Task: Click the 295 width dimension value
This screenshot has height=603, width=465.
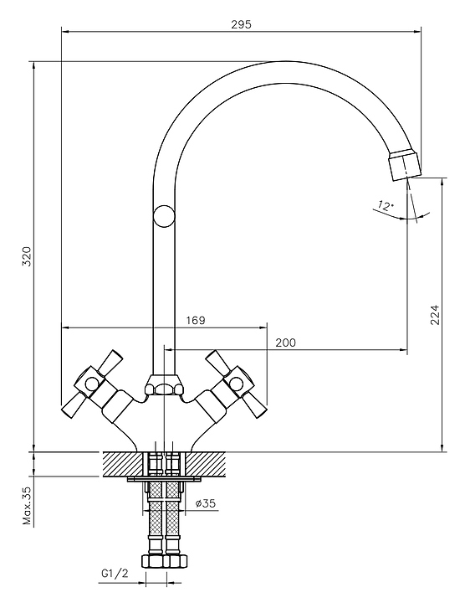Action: click(x=241, y=24)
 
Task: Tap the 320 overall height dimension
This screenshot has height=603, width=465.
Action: click(x=27, y=256)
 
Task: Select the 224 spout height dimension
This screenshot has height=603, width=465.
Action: click(x=434, y=315)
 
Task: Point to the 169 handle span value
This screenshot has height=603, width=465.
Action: click(x=196, y=320)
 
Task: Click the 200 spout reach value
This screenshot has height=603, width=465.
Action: click(x=286, y=343)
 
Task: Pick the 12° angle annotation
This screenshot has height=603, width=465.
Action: click(x=386, y=206)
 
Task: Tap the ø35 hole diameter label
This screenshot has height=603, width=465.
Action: click(x=206, y=503)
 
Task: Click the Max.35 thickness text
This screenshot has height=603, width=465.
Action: click(x=27, y=506)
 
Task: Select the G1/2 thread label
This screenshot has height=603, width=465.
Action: click(x=115, y=574)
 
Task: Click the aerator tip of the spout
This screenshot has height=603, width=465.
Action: click(x=404, y=165)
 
